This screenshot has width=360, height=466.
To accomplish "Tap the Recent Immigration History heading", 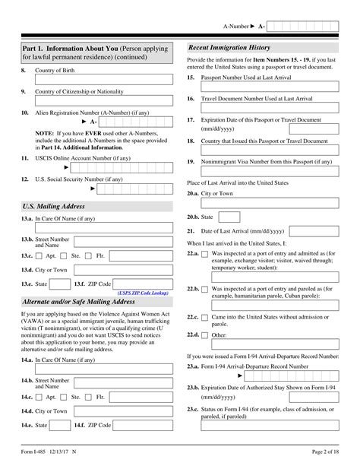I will (230, 48).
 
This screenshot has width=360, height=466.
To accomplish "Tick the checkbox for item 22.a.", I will (205, 253).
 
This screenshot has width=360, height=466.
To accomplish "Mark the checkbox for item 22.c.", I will (205, 315).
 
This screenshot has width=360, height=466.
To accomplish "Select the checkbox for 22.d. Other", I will (205, 334).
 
